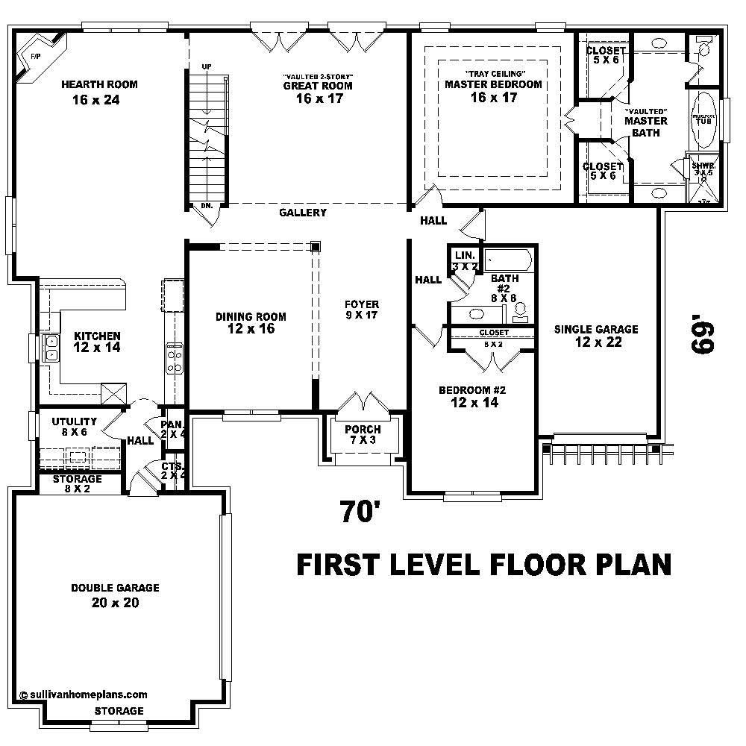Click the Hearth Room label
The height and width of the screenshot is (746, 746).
point(99,84)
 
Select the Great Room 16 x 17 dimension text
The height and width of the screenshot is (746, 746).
point(319,98)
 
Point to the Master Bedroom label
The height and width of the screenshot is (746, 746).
point(493,84)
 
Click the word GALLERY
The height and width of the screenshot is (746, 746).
point(303,213)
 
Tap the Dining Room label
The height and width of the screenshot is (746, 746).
point(251,316)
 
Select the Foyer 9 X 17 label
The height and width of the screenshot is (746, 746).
point(362,310)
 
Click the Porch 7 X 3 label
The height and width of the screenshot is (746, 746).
point(363,435)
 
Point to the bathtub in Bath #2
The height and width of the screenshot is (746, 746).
point(508,261)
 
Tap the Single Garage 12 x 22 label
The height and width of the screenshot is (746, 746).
point(596,336)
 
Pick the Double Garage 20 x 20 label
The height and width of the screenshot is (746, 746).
point(115,595)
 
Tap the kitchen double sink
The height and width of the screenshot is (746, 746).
point(51,348)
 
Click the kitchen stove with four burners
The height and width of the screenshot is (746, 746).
point(174,360)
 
